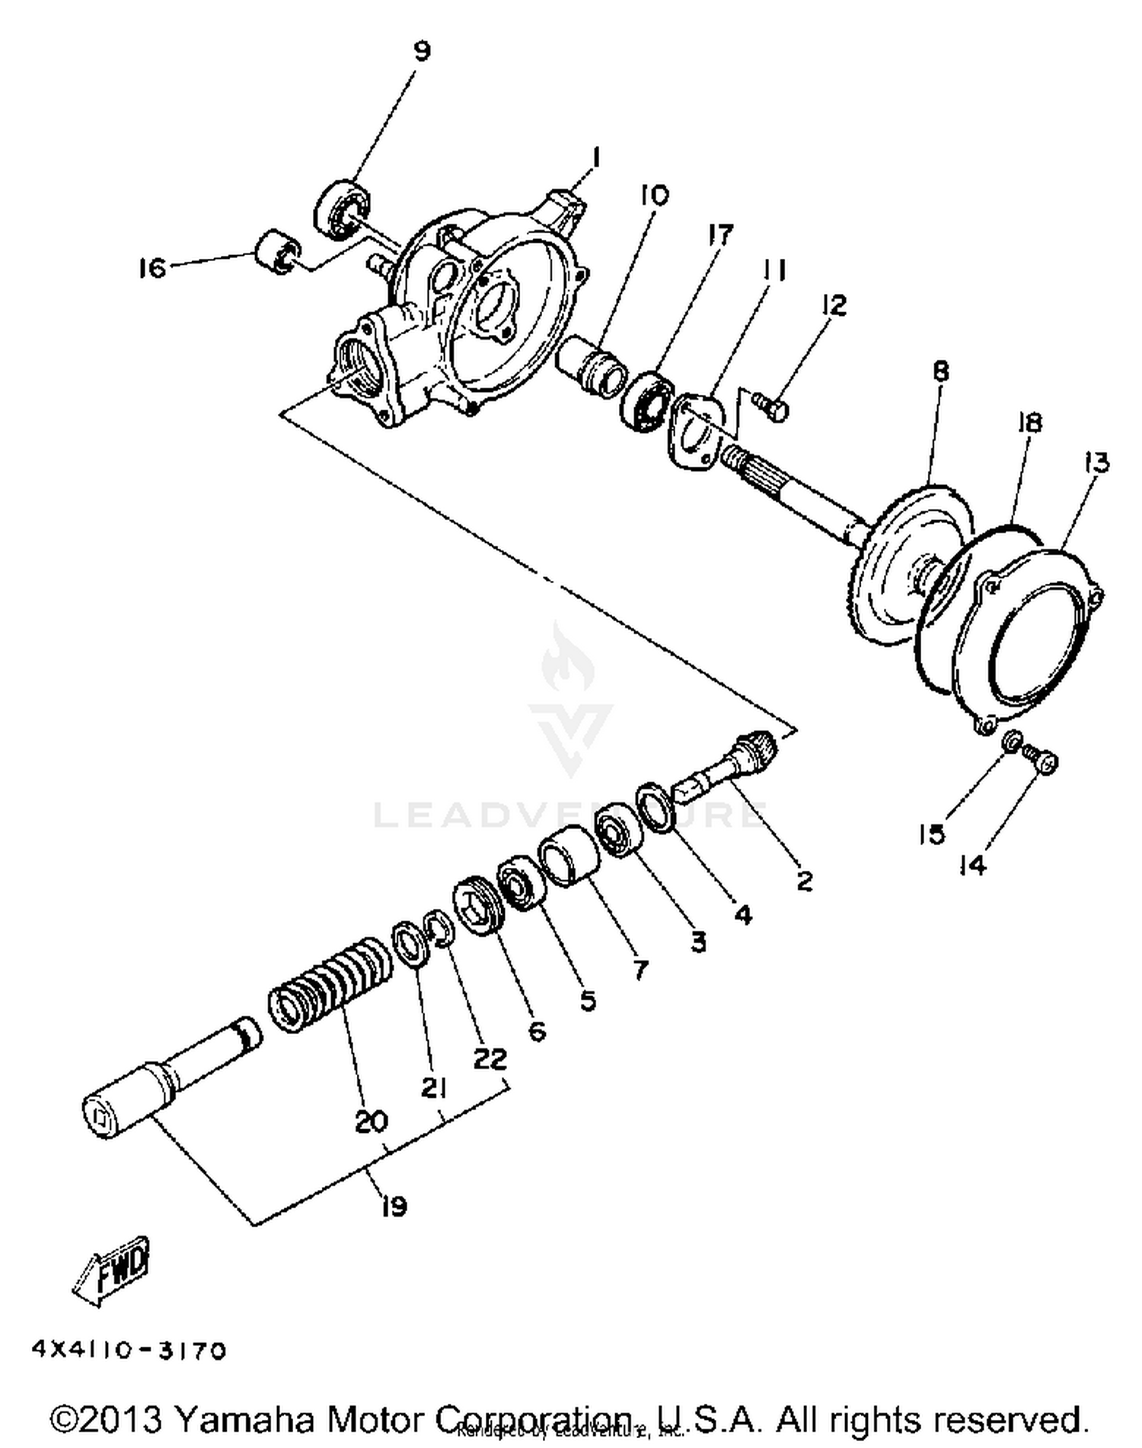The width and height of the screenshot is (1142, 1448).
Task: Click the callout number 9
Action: (x=422, y=51)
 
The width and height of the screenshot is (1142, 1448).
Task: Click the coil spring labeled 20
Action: (x=331, y=985)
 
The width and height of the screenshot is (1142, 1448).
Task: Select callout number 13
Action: (x=1097, y=462)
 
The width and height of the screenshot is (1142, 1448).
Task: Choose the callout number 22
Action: (x=489, y=1058)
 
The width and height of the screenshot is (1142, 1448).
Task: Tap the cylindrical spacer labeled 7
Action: (x=569, y=856)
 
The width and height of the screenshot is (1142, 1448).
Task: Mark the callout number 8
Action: (x=941, y=372)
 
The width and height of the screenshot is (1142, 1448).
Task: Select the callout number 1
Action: (x=596, y=158)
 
